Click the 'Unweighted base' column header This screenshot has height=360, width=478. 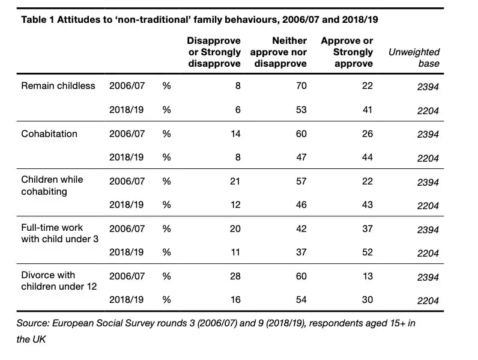[x=414, y=58]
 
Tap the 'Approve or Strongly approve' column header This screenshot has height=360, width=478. [x=346, y=52]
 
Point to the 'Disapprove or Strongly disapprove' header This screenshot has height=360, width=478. [x=214, y=52]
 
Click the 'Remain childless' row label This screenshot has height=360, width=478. [x=58, y=86]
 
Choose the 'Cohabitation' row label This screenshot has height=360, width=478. [x=49, y=134]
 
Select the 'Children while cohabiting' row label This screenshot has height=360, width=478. [x=52, y=186]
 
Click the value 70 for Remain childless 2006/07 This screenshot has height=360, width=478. [x=301, y=86]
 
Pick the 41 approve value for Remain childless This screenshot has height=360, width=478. [x=367, y=110]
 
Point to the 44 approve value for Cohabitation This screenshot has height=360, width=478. [x=367, y=157]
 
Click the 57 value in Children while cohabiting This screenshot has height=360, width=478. [x=301, y=182]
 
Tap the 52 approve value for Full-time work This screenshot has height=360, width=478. [x=367, y=252]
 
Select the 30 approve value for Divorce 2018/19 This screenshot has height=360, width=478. [x=367, y=300]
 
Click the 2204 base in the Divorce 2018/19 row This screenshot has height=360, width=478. [x=428, y=301]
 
